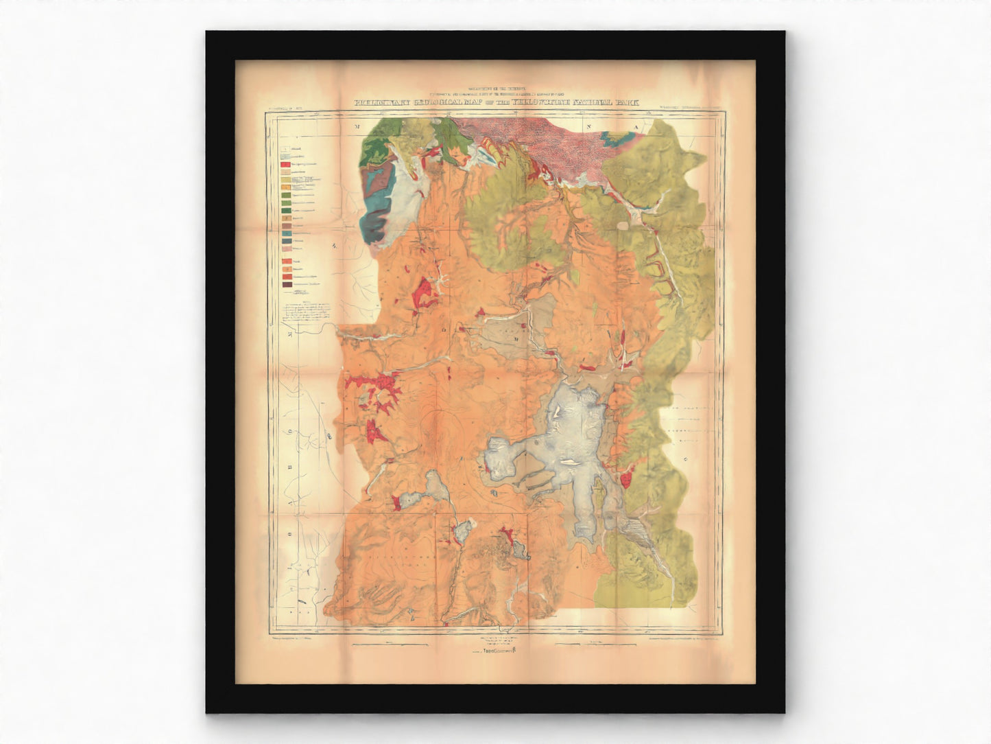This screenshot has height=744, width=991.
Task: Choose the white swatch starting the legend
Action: pos(284,148)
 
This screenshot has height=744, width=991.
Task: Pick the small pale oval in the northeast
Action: pos(622,224)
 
